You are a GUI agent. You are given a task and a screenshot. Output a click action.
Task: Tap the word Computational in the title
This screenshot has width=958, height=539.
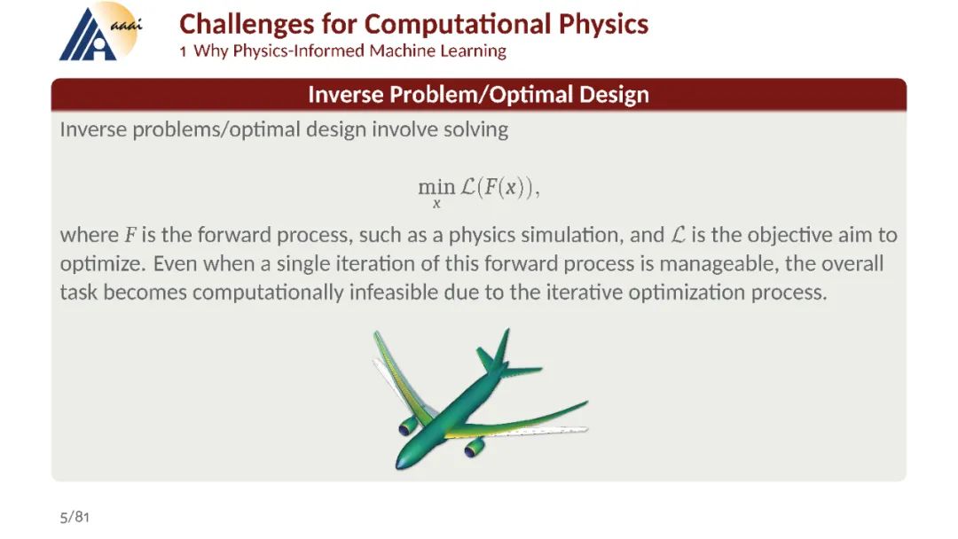(x=459, y=24)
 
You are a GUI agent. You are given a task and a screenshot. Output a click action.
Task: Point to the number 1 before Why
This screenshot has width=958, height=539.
(x=183, y=52)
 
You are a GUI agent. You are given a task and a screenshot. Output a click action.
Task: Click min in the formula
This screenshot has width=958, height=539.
(x=436, y=186)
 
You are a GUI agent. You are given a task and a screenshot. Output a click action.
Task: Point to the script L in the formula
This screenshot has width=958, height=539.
(x=468, y=186)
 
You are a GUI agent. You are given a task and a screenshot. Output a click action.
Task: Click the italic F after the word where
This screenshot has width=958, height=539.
(x=130, y=235)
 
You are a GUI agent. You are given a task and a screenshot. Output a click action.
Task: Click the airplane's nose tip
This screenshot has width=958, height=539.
(x=397, y=467)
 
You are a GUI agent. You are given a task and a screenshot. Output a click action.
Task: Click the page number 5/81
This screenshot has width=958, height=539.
(x=75, y=518)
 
